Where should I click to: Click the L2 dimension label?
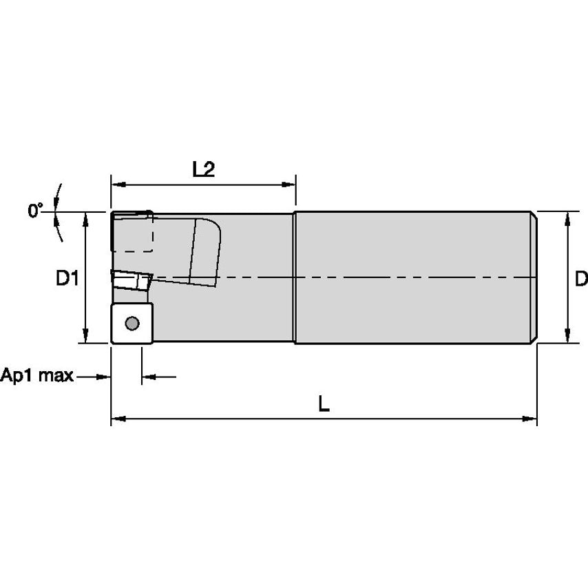204,169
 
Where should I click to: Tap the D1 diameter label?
67,278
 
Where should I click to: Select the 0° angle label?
35,210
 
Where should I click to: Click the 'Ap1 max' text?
36,375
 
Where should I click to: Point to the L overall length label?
324,404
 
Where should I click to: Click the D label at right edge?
581,279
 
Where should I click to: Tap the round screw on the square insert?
132,323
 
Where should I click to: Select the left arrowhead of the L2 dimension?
118,185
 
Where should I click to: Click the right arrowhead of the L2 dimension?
288,185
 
